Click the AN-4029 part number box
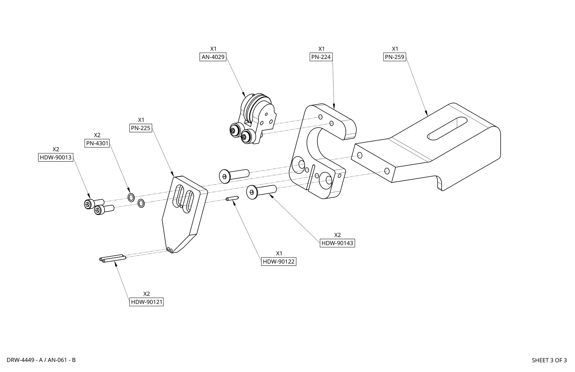pyautogui.click(x=213, y=57)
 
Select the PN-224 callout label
pyautogui.click(x=321, y=57)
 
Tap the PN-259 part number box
pyautogui.click(x=395, y=57)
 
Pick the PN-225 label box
pyautogui.click(x=141, y=128)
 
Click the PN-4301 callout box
pyautogui.click(x=97, y=143)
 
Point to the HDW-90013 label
pyautogui.click(x=56, y=157)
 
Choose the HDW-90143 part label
pyautogui.click(x=337, y=243)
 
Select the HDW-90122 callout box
pyautogui.click(x=279, y=261)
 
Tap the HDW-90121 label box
pyautogui.click(x=146, y=302)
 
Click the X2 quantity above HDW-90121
pyautogui.click(x=146, y=294)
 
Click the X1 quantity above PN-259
pyautogui.click(x=395, y=49)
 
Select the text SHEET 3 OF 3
pyautogui.click(x=549, y=360)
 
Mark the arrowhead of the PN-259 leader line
pyautogui.click(x=426, y=113)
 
